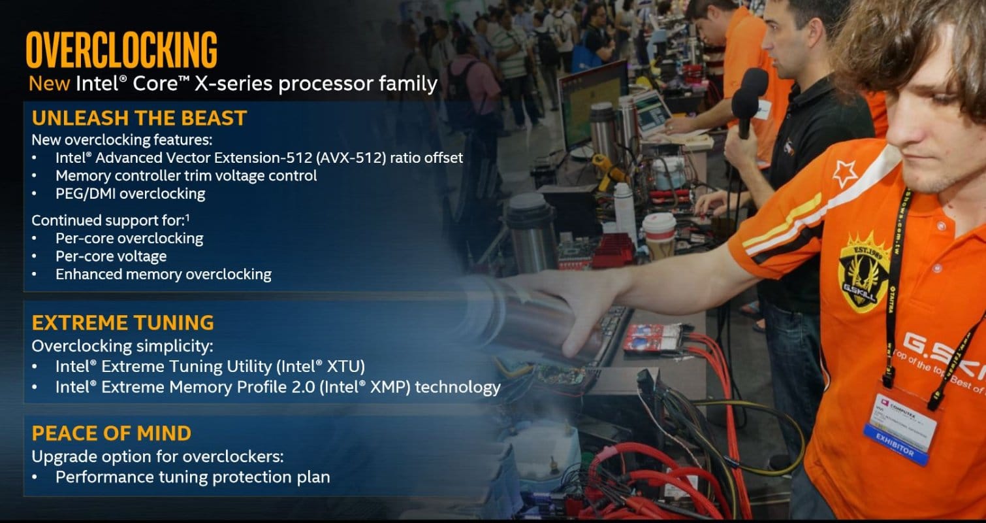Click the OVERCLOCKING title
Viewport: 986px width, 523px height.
point(121,50)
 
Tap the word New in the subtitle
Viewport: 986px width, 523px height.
point(49,83)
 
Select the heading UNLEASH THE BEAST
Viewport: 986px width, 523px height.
point(139,118)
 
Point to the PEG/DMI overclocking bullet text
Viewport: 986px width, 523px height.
point(131,194)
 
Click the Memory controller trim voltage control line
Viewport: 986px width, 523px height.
point(186,176)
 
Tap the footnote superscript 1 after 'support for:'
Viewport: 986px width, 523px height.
point(187,218)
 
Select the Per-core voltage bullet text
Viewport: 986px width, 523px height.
point(111,256)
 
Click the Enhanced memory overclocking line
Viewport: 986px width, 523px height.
point(163,275)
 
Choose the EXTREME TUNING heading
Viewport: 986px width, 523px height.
point(123,322)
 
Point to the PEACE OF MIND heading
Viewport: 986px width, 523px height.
point(112,433)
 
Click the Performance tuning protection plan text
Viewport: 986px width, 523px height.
point(193,477)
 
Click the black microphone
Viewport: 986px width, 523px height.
point(749,101)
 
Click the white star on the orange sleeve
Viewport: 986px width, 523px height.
point(844,173)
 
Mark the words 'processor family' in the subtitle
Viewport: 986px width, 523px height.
point(358,84)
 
